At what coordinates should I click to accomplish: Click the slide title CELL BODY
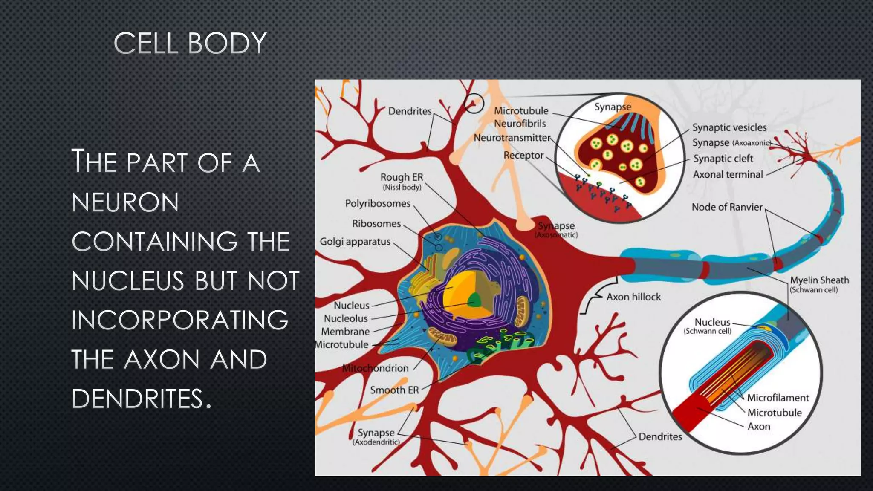pos(190,44)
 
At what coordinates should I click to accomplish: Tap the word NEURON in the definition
pos(125,202)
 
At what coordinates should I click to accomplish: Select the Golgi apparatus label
pos(355,242)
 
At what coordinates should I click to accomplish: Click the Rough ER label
pos(402,177)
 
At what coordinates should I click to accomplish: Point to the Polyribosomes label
pos(378,204)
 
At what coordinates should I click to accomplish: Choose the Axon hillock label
pos(633,297)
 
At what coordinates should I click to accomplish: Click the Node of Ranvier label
pos(727,207)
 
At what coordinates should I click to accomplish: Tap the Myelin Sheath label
pos(819,280)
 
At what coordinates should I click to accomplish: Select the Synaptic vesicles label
pos(729,127)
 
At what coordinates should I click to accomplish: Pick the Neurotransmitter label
pos(512,138)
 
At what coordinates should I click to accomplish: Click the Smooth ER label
pos(394,390)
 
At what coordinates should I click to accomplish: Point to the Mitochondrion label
pos(376,368)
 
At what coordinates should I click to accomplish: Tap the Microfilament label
pos(778,398)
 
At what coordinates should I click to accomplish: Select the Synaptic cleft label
pos(723,159)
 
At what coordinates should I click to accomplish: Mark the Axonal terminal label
pos(728,175)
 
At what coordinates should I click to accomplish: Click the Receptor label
pos(523,156)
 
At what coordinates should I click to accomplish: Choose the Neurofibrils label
pos(520,124)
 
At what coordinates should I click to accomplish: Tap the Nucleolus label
pos(346,319)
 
